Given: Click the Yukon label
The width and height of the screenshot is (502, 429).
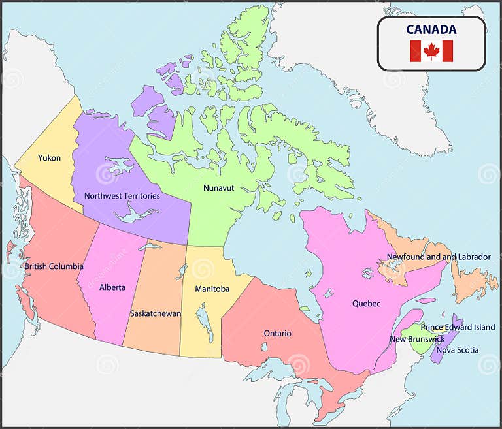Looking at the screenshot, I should coord(49,158).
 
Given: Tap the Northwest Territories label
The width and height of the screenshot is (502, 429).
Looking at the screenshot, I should coord(122,195).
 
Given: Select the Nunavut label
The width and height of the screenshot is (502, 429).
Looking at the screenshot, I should coord(218,188).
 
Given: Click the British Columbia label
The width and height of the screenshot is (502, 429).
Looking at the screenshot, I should coord(54,266).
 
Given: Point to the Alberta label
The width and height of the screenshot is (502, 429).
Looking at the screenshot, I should coord(112,287).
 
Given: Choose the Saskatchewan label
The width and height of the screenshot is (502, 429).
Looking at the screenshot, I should coord(156,313).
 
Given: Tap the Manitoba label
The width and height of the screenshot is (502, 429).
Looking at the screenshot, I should coord(212,289).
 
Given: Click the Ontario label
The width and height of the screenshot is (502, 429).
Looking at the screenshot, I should coord(277,334).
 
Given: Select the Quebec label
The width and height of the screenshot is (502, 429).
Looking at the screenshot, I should coord(366,304).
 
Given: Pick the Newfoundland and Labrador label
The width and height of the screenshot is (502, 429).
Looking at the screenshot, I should coord(438,257).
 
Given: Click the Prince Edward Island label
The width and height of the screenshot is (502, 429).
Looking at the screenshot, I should coord(458,327).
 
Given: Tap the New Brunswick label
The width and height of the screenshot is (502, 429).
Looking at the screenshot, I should coord(417,339).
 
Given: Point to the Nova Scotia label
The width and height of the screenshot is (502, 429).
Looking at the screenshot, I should coord(458,350).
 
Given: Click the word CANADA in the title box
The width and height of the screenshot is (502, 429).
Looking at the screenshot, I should coord(431,29).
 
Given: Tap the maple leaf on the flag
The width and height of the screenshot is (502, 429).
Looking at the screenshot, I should coord(431,51).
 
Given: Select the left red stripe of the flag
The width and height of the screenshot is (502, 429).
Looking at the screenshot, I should coord(415,51).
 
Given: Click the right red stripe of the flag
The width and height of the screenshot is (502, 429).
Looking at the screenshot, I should coord(448,51).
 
